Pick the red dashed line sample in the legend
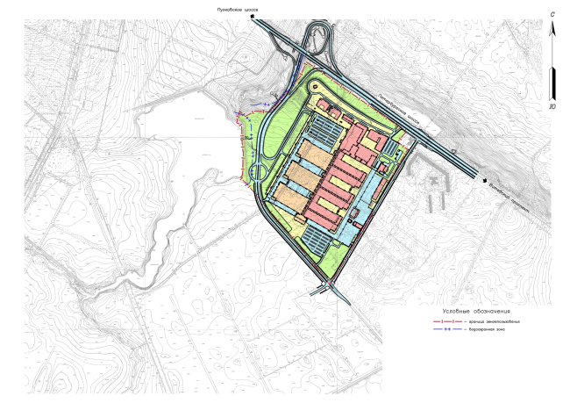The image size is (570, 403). point(447,322)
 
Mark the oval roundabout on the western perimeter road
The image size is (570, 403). point(260,171)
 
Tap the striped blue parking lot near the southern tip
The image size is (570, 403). point(322,237)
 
